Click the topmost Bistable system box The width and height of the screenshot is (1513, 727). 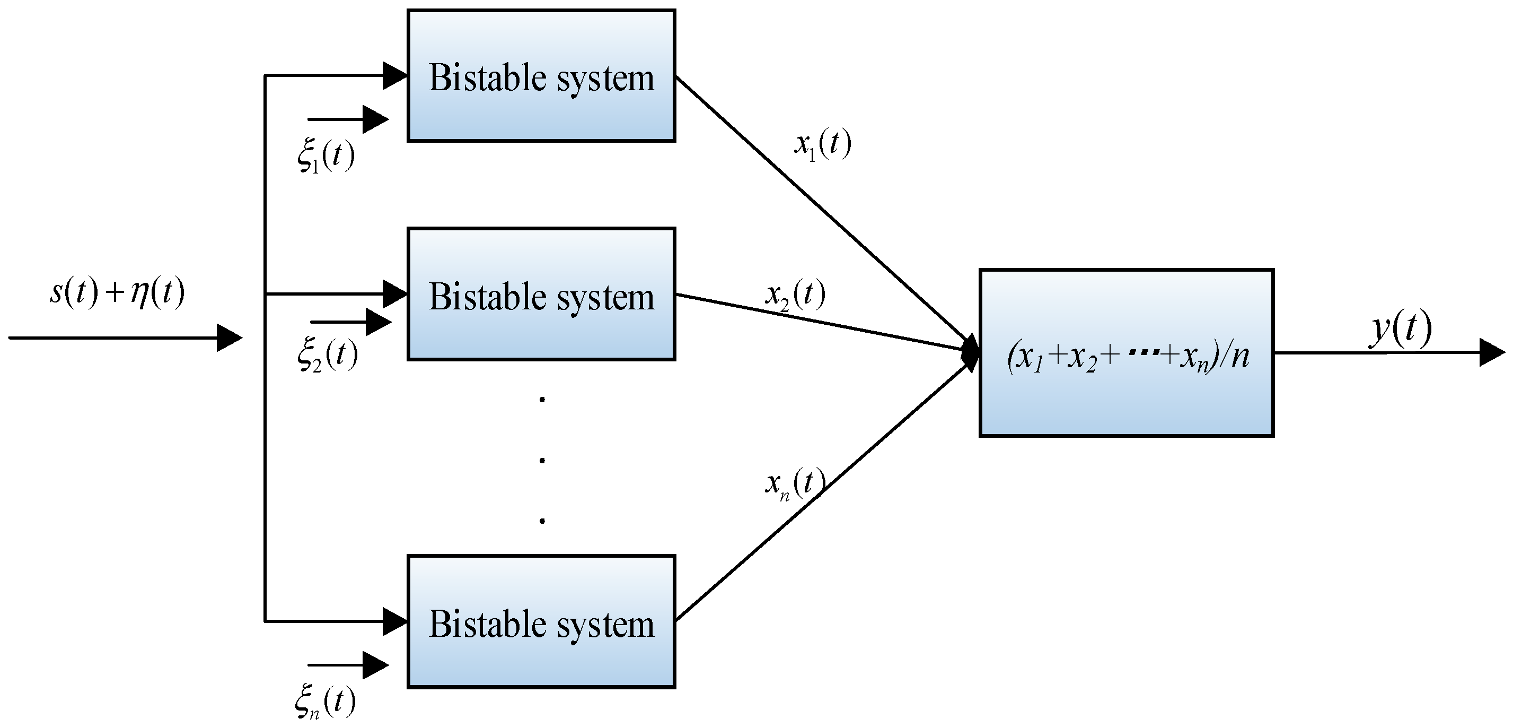click(x=541, y=76)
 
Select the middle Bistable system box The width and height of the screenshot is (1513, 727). click(x=541, y=294)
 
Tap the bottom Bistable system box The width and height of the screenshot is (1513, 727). click(x=541, y=621)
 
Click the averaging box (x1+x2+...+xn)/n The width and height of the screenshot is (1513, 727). click(x=1126, y=353)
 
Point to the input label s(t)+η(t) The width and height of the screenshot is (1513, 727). click(x=118, y=292)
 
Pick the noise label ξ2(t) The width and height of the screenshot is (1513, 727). click(x=327, y=356)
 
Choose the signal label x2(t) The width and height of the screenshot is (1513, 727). click(x=795, y=294)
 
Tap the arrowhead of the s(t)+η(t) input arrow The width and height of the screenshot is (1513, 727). click(x=228, y=338)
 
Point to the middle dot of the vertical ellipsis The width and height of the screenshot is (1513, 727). click(x=542, y=460)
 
